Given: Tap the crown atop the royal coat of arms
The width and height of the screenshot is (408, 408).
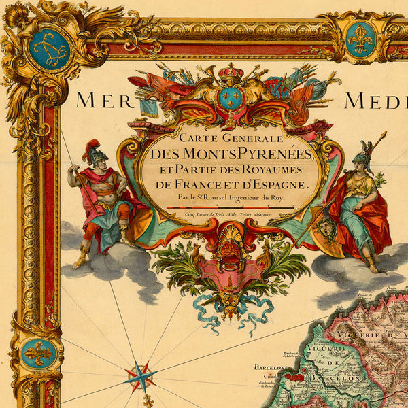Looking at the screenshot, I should [231, 71].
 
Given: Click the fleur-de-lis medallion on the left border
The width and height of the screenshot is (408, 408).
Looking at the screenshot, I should [38, 353].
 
